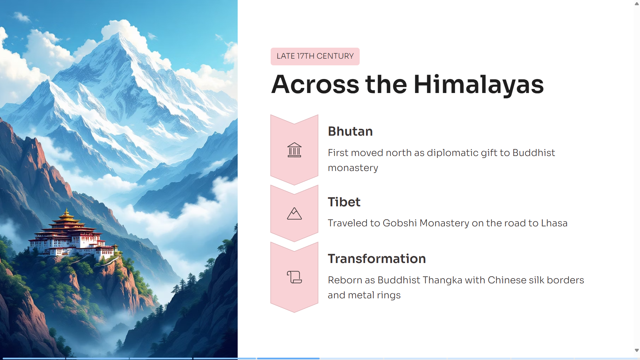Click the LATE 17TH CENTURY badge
tap(315, 56)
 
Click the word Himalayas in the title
tap(479, 85)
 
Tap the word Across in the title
tap(315, 85)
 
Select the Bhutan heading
tap(350, 131)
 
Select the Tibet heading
tap(344, 202)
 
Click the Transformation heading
tap(377, 259)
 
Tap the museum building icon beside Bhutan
tap(294, 150)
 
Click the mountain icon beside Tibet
tap(294, 214)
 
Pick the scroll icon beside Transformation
tap(294, 277)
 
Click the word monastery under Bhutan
tap(353, 168)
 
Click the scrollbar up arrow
tap(637, 4)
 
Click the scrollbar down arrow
tap(637, 350)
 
